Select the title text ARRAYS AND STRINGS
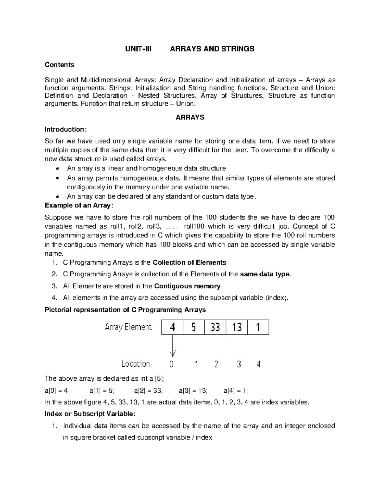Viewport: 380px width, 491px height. coord(212,49)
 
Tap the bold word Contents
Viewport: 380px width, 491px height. coord(60,65)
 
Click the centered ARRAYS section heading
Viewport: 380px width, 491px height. coord(190,117)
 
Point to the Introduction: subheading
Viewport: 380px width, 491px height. coord(65,129)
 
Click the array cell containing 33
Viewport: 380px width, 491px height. coord(215,327)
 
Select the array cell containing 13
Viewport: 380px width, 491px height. coord(237,327)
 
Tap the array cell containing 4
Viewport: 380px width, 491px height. coord(172,327)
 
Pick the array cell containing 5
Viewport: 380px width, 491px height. coord(193,327)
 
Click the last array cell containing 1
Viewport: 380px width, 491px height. coord(258,327)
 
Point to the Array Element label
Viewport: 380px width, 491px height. coord(128,327)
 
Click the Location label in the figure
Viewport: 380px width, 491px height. coord(136,364)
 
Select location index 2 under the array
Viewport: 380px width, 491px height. coord(216,365)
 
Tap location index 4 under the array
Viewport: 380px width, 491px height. coord(259,365)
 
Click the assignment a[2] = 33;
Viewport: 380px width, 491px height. coord(148,391)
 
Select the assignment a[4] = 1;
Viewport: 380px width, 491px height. coord(236,391)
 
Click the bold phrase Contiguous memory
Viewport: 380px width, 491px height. coord(187,286)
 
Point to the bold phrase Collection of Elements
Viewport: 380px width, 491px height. coord(189,262)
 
